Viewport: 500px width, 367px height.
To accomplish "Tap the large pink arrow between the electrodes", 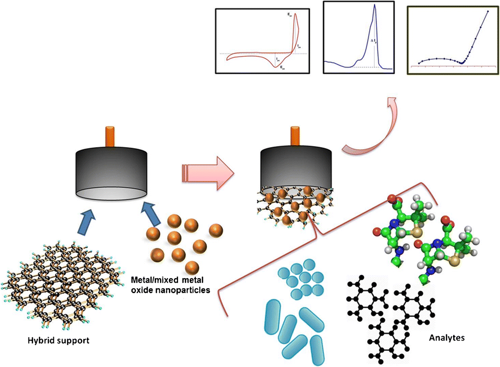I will [x=208, y=173].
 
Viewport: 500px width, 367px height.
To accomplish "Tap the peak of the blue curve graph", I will [x=374, y=6].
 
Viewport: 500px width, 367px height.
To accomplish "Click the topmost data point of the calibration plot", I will [x=488, y=11].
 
